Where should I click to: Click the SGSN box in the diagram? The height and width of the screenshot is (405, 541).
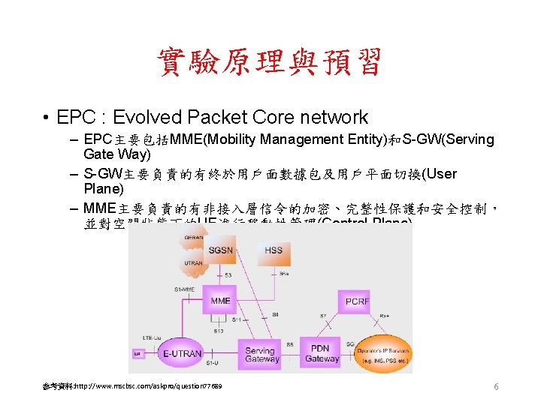point(220,249)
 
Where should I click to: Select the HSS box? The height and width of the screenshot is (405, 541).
point(274,250)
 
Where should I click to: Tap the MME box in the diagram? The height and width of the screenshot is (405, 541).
point(220,301)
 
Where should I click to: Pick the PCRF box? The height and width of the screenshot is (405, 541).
point(357,301)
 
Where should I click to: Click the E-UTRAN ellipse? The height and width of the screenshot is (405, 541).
point(183,353)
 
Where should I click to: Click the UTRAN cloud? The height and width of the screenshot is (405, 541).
point(194,263)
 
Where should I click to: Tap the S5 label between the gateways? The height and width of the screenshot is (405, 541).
point(290,345)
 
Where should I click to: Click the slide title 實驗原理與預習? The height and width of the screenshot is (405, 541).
point(270,63)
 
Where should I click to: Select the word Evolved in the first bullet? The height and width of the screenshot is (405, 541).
point(142,118)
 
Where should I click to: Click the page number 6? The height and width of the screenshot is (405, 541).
point(496,386)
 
